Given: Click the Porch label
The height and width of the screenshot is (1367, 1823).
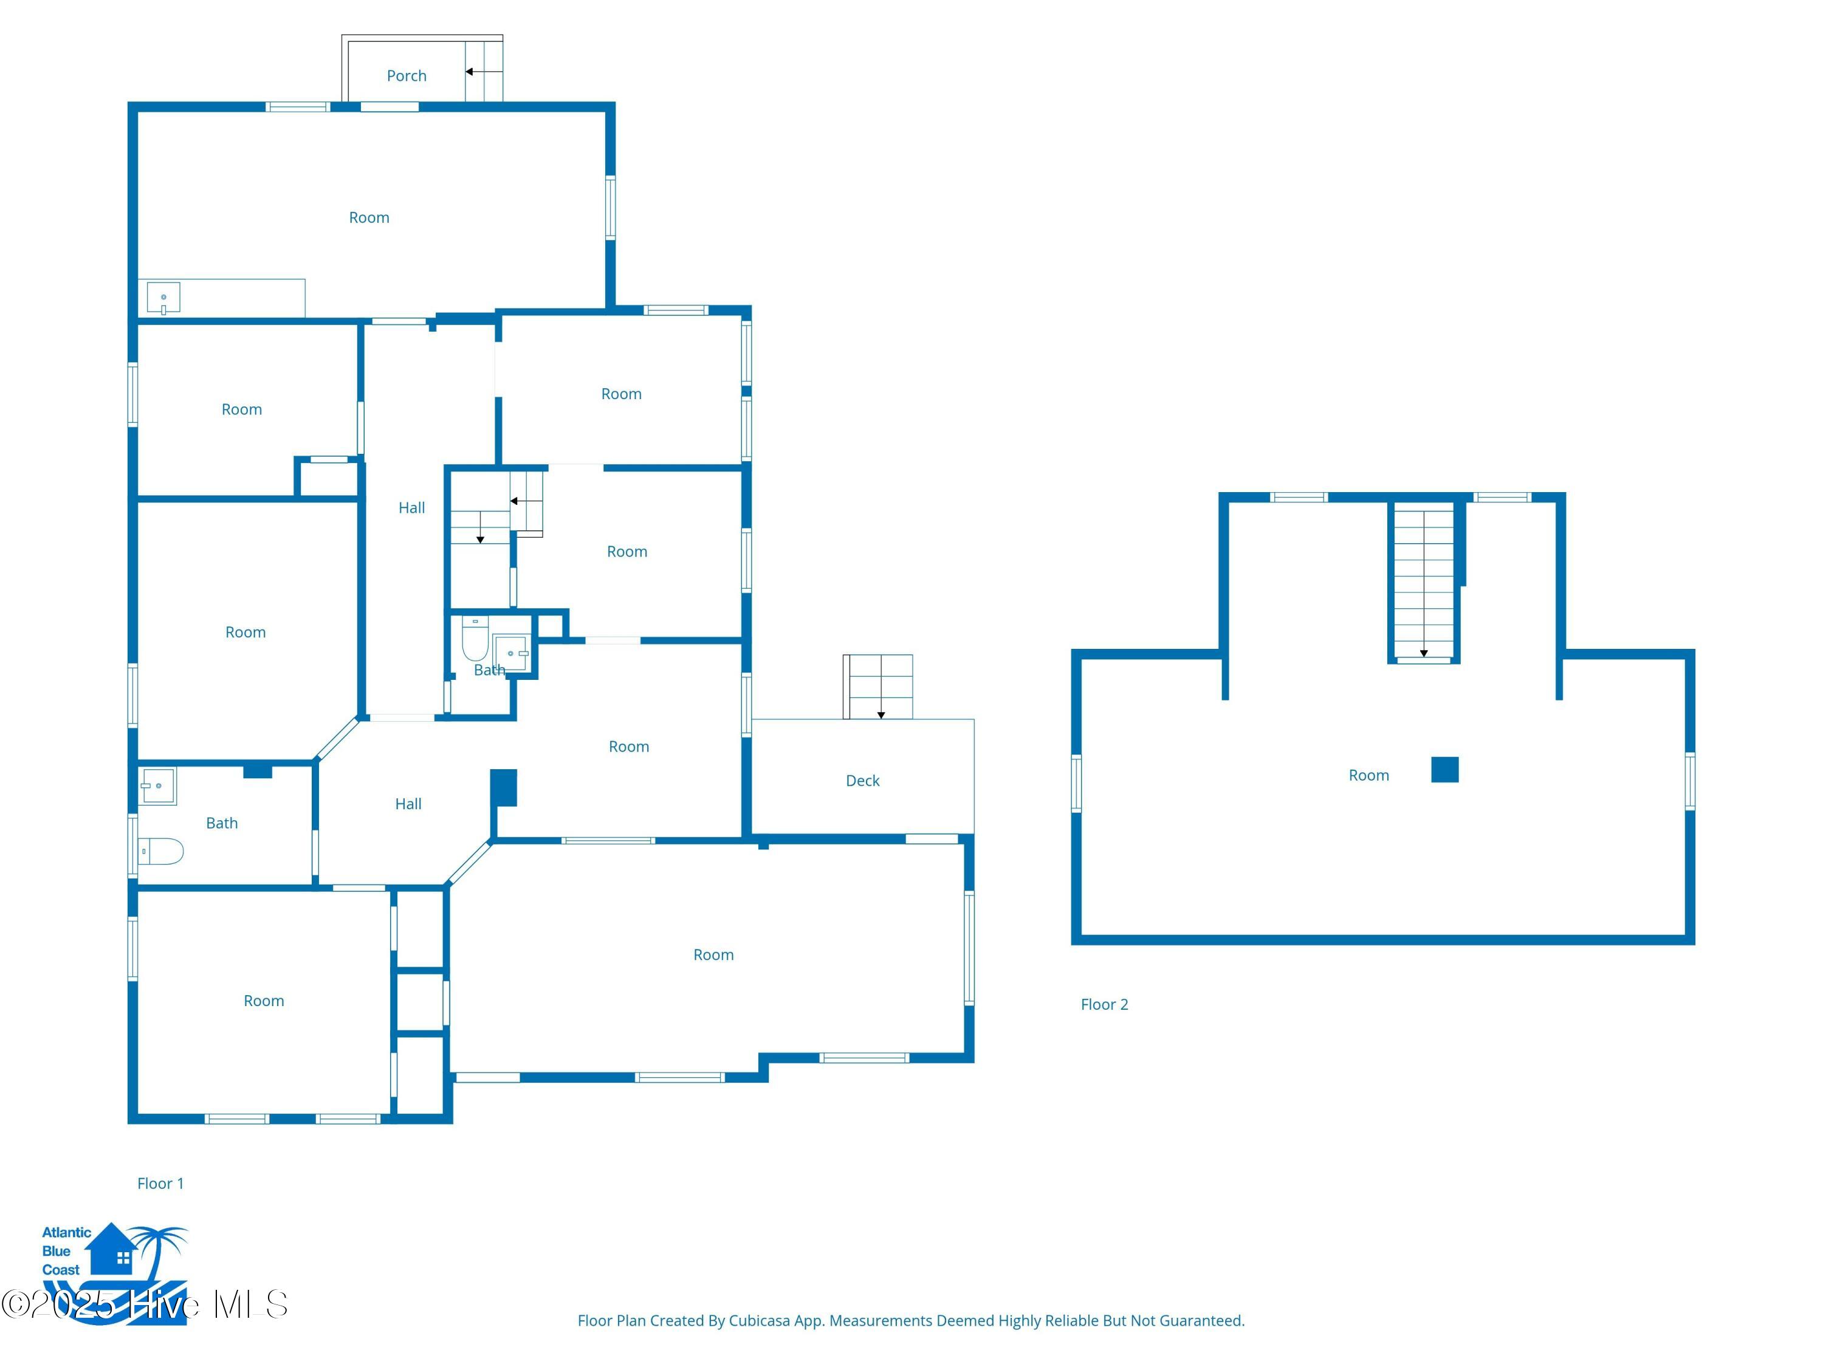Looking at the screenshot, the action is pos(407,76).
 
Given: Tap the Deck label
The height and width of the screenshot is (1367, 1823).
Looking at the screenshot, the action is pos(862,780).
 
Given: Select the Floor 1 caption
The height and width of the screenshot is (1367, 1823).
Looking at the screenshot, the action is pos(160,1184).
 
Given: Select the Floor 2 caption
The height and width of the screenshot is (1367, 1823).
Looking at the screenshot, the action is pos(1104,1004).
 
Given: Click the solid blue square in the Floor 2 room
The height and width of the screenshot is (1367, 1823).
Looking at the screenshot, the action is pos(1444,770).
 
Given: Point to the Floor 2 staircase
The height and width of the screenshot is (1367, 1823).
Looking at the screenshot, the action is pos(1423,583).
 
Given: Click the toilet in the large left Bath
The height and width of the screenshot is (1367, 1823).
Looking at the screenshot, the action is pos(160,851).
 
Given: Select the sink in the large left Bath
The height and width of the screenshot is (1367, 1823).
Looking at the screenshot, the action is pos(157,786).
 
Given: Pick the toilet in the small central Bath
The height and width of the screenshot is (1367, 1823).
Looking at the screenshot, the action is pos(475,639).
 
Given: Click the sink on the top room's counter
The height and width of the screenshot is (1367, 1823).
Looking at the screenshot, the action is pos(163,298).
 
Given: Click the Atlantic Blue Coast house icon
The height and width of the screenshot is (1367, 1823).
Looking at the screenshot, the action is pos(111,1249).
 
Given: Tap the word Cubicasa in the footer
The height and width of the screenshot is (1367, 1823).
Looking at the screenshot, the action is pos(759,1321).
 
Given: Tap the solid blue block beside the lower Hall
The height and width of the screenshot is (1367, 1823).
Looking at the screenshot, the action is pos(504,788).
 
